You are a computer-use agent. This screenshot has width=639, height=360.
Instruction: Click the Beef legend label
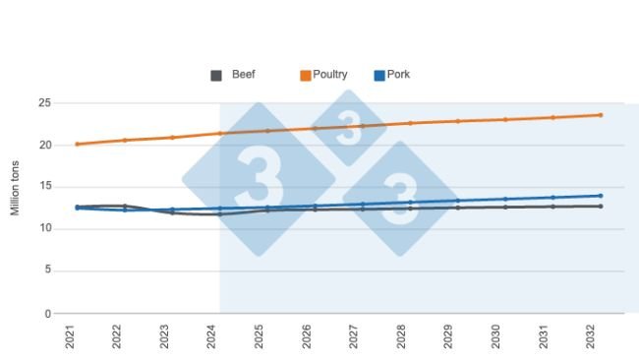point(244,75)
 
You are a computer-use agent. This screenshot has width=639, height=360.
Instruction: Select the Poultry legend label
point(329,75)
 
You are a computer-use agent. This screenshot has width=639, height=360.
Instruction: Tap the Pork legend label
point(398,75)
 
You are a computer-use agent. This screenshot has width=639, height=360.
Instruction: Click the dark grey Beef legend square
point(216,76)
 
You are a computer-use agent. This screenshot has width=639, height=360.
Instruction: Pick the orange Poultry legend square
point(306,76)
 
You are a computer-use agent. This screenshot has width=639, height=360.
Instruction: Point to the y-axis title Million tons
point(16,188)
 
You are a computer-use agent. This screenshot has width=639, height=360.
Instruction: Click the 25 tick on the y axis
point(45,103)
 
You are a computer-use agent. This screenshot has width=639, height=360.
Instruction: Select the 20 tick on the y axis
point(45,146)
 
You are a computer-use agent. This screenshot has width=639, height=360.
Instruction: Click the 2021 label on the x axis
point(71,338)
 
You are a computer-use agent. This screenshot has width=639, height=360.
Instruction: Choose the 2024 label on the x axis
point(213,338)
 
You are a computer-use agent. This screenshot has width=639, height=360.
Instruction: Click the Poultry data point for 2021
point(77,145)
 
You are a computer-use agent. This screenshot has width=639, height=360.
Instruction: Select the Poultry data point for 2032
point(600,115)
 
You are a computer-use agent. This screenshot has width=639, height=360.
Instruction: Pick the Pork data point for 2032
point(600,196)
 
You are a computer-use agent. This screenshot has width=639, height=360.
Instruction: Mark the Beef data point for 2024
point(219,214)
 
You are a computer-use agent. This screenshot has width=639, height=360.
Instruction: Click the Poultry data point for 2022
point(124,140)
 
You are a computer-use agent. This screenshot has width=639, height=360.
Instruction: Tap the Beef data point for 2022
point(124,206)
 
